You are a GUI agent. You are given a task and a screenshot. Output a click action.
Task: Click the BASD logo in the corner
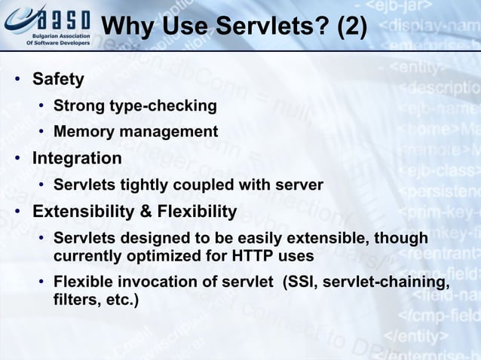click(47, 25)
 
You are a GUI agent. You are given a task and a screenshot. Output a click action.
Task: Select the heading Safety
click(58, 79)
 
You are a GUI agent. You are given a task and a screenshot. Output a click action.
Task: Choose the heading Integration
click(76, 159)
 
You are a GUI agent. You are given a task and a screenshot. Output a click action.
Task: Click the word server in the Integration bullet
click(298, 185)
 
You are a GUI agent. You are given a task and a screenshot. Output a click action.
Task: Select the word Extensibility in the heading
click(81, 212)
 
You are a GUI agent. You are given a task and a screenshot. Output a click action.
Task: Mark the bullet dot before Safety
click(16, 80)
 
